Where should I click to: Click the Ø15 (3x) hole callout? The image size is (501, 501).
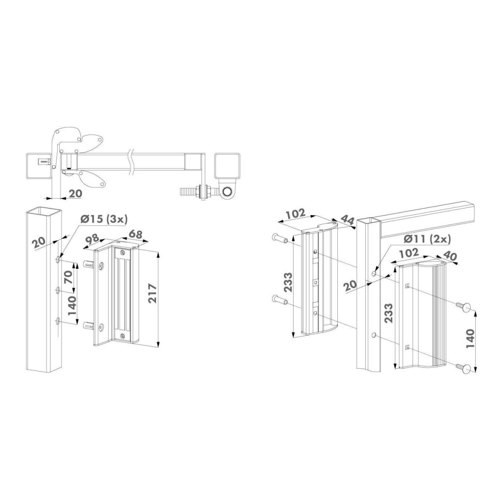click(104, 220)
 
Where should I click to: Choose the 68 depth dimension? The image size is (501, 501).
click(135, 234)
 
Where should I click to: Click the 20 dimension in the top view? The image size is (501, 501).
click(75, 193)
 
